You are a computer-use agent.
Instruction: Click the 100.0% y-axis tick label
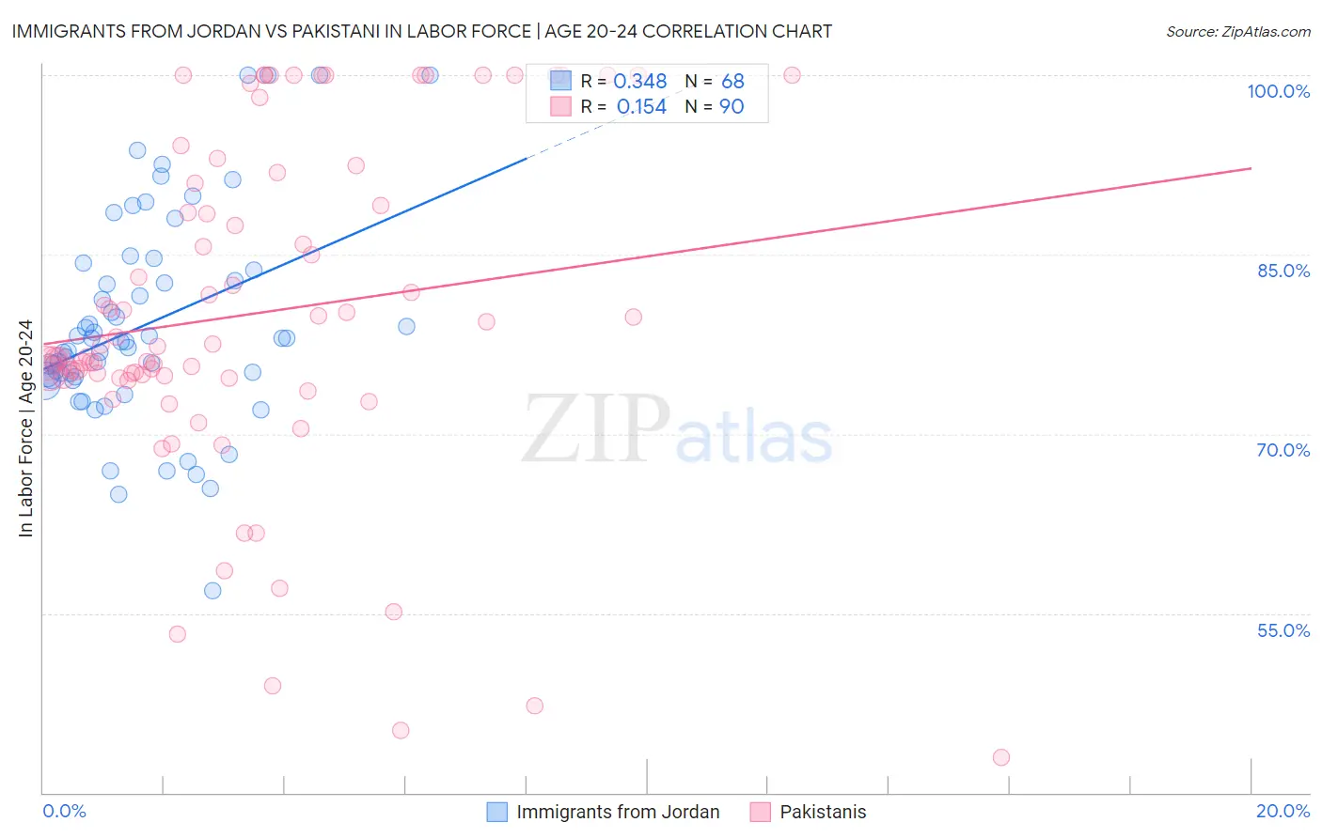pos(1278,91)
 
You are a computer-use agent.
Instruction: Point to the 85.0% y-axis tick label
pos(1283,271)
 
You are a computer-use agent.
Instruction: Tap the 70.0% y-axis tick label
pos(1283,450)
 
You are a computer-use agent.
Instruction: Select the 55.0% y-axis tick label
pos(1283,630)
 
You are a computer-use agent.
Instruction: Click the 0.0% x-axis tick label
pos(64,811)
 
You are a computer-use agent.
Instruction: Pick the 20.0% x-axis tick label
pos(1283,811)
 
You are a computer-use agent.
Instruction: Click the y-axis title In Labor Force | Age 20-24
pos(25,428)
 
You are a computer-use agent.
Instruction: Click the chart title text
pos(421,31)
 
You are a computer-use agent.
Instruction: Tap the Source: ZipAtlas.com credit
pos(1237,31)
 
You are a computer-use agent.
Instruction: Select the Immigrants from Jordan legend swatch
pos(497,812)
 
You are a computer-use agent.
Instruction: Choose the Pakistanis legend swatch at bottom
pos(761,812)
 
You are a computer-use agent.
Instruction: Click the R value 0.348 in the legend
pos(639,82)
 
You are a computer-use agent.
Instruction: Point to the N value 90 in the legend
pos(732,107)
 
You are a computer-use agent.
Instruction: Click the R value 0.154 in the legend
pos(641,107)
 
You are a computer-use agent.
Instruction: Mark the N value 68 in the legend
pos(732,82)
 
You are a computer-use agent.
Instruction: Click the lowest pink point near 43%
pos(1001,757)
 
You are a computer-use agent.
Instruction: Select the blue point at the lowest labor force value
pos(212,591)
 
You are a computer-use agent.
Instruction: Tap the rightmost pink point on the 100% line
pos(792,75)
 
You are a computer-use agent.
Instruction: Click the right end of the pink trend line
pos(1251,168)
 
